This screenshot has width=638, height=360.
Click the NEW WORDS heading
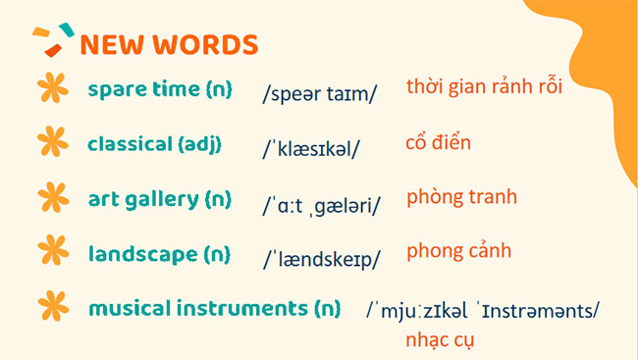pos(169,44)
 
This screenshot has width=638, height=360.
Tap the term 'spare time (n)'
pos(159,89)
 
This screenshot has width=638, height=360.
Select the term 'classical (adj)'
pos(154,144)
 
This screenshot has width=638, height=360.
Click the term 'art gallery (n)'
pos(159,200)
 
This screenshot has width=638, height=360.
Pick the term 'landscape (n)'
pos(158,255)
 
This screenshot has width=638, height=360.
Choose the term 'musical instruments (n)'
pos(214,309)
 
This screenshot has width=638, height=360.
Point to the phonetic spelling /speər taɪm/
pos(320,94)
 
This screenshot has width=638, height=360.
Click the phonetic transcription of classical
pos(311,149)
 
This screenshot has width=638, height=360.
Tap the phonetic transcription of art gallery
pos(321,205)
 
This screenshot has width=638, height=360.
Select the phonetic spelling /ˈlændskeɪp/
pos(321,260)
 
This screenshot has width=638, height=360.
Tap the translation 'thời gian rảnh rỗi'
pos(484,86)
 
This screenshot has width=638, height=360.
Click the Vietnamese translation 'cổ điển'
pos(438,142)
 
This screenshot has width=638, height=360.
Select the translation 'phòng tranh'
pos(461,196)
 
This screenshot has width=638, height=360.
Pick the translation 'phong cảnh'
pos(458,251)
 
